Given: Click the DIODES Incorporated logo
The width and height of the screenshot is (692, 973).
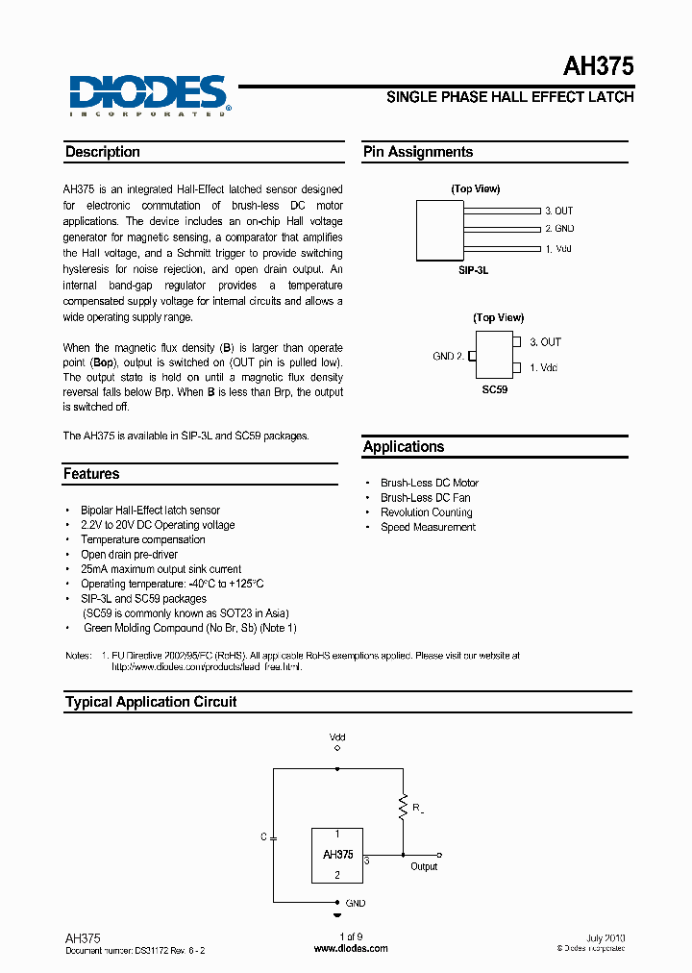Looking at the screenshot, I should click(148, 95).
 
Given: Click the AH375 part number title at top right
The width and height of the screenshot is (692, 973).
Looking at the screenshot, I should click(597, 66).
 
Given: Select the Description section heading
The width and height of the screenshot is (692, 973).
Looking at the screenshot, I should click(103, 152).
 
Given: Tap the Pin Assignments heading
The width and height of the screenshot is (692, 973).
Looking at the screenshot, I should click(418, 152).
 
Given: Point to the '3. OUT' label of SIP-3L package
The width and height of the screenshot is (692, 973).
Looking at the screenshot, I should click(558, 211).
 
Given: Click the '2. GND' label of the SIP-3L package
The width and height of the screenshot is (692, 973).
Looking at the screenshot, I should click(558, 229).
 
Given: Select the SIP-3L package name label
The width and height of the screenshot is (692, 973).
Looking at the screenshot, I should click(473, 271).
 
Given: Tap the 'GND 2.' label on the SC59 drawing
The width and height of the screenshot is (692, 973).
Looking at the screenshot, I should click(449, 356).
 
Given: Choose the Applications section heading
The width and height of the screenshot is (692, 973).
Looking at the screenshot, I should click(404, 447).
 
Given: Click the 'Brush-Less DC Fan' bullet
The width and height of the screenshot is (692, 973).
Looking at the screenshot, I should click(425, 498).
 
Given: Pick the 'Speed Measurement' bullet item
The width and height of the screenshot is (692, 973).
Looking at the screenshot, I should click(428, 527).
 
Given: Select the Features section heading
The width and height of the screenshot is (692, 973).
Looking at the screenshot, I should click(91, 474).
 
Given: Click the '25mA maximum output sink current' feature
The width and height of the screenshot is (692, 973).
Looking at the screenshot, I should click(161, 569).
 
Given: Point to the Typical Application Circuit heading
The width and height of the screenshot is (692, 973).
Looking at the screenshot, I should click(151, 702).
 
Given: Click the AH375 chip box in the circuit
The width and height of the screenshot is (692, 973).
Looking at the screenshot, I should click(337, 855).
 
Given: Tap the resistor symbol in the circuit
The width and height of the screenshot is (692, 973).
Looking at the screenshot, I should click(403, 808).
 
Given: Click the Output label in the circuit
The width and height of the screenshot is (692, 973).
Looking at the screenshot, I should click(424, 866).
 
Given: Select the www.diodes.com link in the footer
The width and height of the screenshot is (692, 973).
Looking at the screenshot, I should click(352, 948).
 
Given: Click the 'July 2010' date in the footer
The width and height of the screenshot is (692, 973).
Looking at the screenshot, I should click(605, 937).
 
